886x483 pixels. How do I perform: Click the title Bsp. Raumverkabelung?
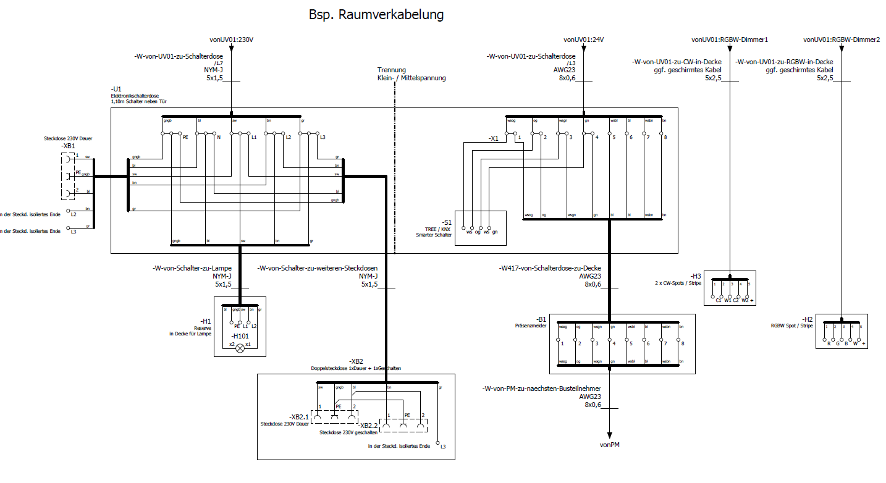376,14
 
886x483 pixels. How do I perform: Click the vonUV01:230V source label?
232,40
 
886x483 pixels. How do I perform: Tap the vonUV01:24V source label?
584,40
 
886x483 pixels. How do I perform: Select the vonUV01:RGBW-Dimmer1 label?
729,40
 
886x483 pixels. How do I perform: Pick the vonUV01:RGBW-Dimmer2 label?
841,40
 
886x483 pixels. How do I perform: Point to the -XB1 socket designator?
68,146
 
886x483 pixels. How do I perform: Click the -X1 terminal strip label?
493,139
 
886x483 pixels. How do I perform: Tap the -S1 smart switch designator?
446,222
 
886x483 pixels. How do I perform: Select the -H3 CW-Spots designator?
695,275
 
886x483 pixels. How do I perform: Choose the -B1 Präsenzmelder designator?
541,319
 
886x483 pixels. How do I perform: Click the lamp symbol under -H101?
241,348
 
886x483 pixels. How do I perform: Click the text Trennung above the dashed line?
391,70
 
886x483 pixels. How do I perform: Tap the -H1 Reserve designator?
206,321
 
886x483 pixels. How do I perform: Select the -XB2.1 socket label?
299,417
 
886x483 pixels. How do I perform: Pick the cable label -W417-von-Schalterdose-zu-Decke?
550,269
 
